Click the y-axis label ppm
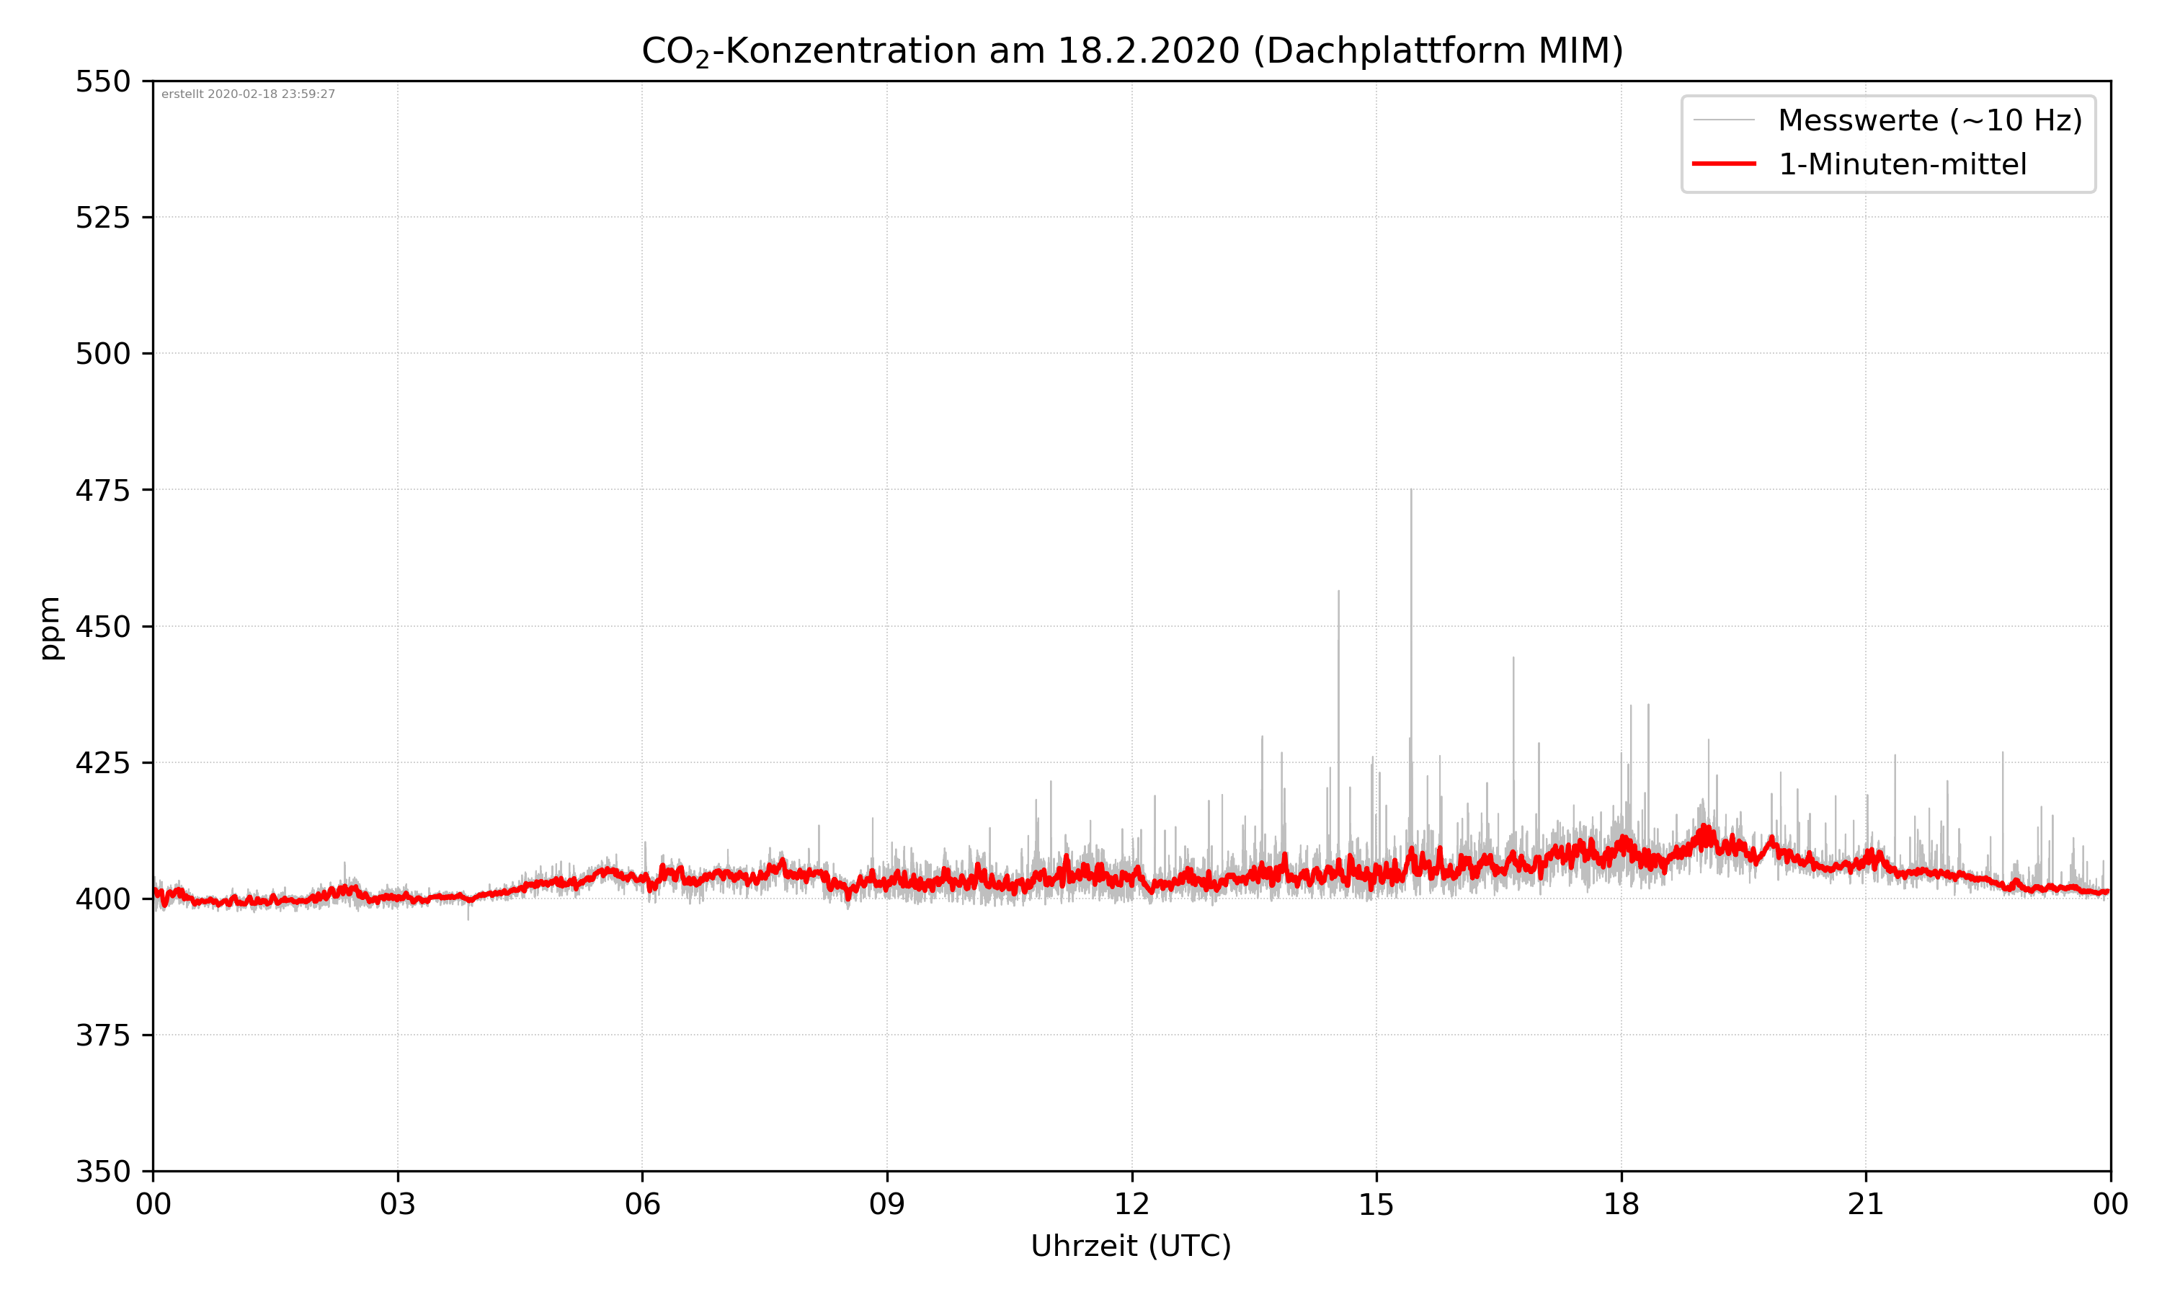pyautogui.click(x=50, y=628)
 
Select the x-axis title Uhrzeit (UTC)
pyautogui.click(x=1131, y=1245)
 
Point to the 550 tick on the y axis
pyautogui.click(x=102, y=82)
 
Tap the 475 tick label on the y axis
pyautogui.click(x=102, y=490)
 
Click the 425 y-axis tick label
pyautogui.click(x=102, y=763)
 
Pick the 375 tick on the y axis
pyautogui.click(x=102, y=1035)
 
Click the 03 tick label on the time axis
pyautogui.click(x=398, y=1204)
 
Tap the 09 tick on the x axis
pyautogui.click(x=887, y=1204)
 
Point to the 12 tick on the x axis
pyautogui.click(x=1131, y=1204)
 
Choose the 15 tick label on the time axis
pyautogui.click(x=1376, y=1204)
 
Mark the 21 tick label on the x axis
pyautogui.click(x=1866, y=1204)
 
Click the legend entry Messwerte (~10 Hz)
pyautogui.click(x=1929, y=120)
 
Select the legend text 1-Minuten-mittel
pyautogui.click(x=1902, y=164)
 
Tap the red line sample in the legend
pyautogui.click(x=1723, y=164)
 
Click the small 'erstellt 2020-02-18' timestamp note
pyautogui.click(x=248, y=94)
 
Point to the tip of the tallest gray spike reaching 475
pyautogui.click(x=1410, y=490)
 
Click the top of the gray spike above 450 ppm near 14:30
pyautogui.click(x=1338, y=592)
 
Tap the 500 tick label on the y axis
pyautogui.click(x=102, y=354)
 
